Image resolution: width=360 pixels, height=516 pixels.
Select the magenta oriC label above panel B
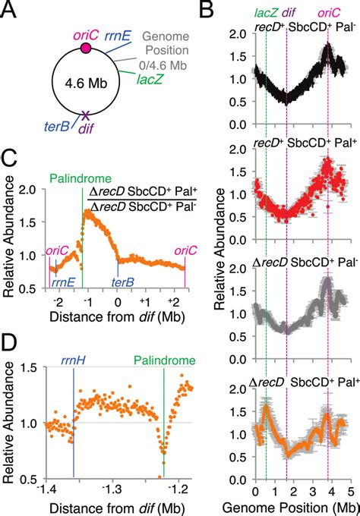[328, 11]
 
